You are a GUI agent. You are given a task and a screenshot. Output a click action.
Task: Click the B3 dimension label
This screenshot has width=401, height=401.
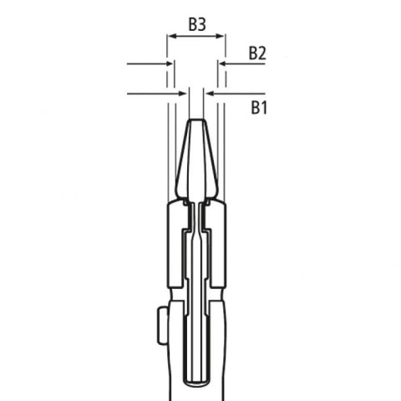pyautogui.click(x=196, y=24)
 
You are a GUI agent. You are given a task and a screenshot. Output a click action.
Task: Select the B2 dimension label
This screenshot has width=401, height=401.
pyautogui.click(x=257, y=53)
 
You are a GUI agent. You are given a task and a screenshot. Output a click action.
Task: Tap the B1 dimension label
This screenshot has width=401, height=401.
pyautogui.click(x=258, y=107)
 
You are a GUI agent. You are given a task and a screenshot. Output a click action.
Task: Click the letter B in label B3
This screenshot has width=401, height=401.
pyautogui.click(x=191, y=24)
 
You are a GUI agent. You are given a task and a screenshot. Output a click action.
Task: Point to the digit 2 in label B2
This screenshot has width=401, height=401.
pyautogui.click(x=261, y=53)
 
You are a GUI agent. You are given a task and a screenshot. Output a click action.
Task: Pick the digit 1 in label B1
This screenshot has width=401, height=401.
pyautogui.click(x=263, y=107)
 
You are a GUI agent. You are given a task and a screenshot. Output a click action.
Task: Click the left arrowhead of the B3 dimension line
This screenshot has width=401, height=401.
pyautogui.click(x=171, y=36)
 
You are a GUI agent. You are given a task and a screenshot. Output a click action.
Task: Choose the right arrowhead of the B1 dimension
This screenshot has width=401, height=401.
pyautogui.click(x=210, y=94)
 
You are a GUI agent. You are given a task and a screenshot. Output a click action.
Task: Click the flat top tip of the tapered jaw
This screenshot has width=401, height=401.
pyautogui.click(x=196, y=120)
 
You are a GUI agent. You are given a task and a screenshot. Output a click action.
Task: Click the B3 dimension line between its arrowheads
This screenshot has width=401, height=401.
pyautogui.click(x=196, y=36)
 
